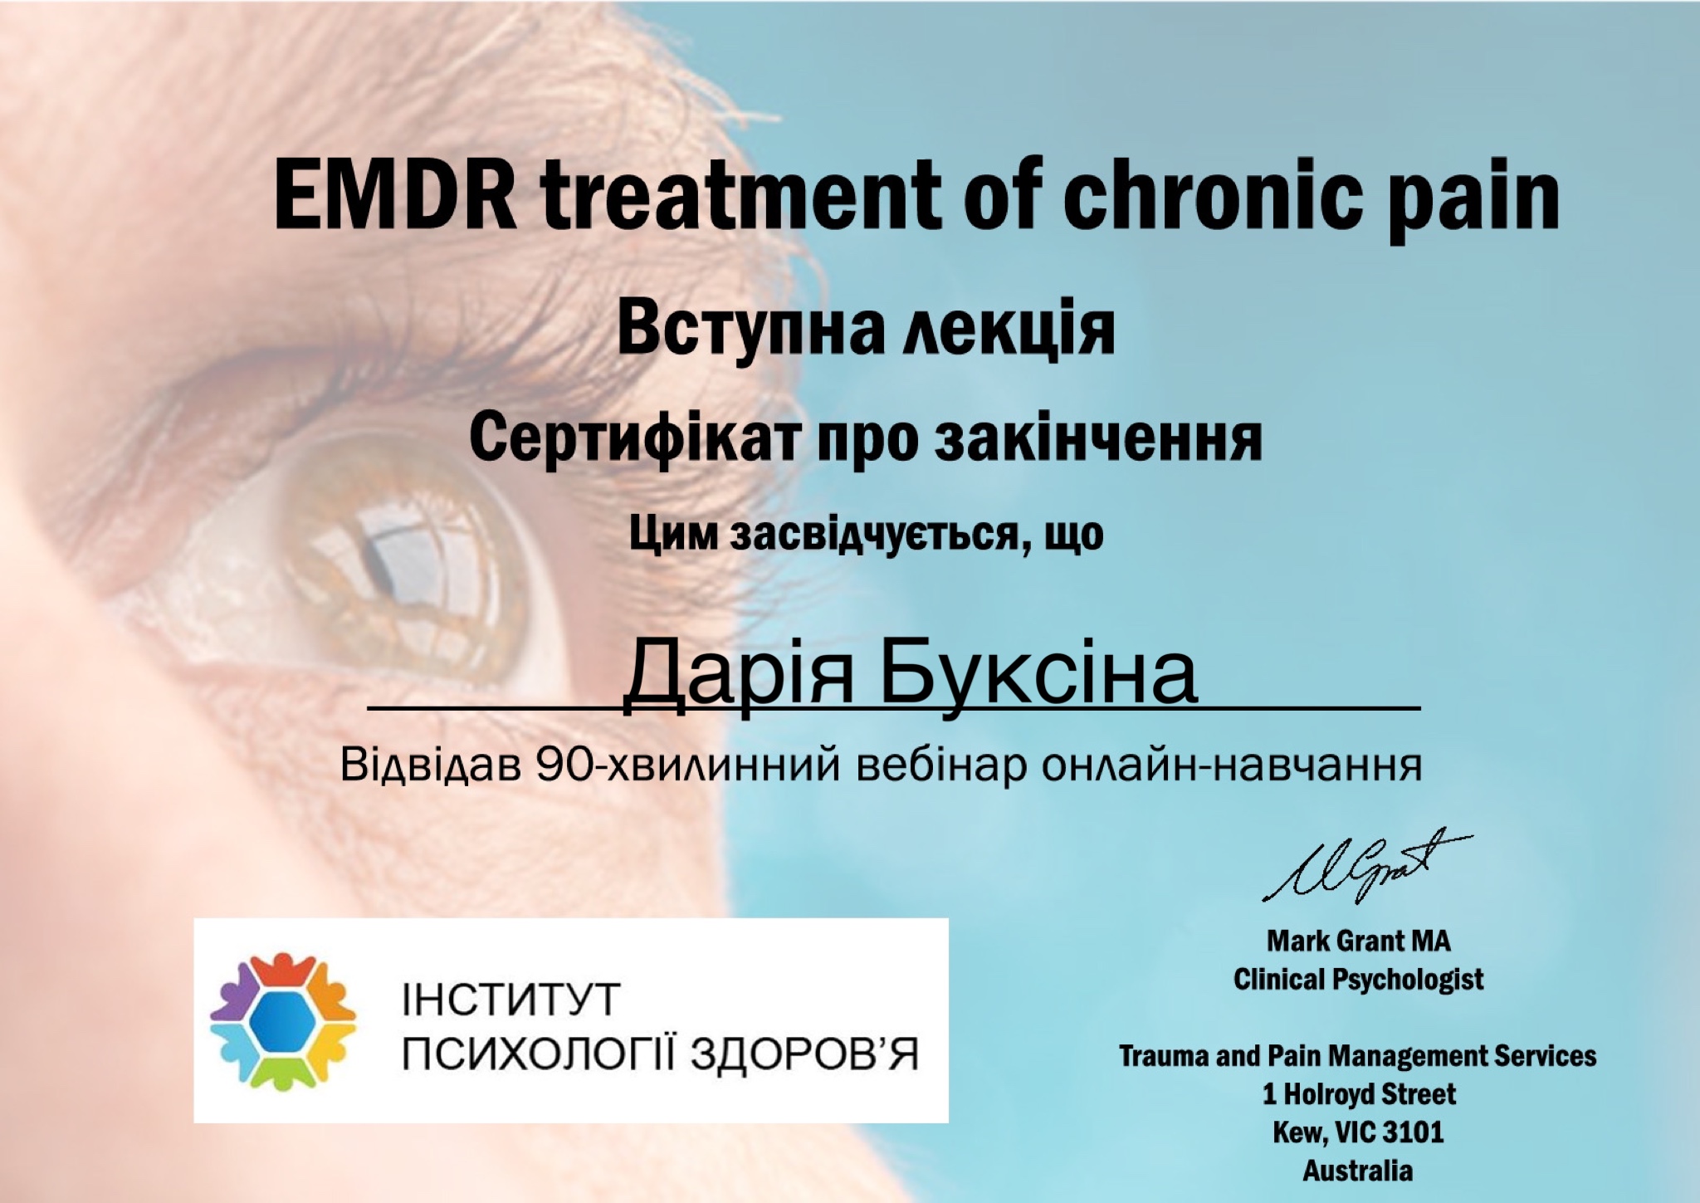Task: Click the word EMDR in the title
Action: coord(395,199)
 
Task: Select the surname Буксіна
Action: coord(1038,674)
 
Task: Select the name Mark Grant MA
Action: coord(1359,941)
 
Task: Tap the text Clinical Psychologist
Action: coord(1359,980)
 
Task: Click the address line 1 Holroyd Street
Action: coord(1359,1094)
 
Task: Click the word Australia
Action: coord(1358,1171)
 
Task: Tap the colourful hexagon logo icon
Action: coord(283,1020)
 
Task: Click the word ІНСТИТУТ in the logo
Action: coord(511,1000)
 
